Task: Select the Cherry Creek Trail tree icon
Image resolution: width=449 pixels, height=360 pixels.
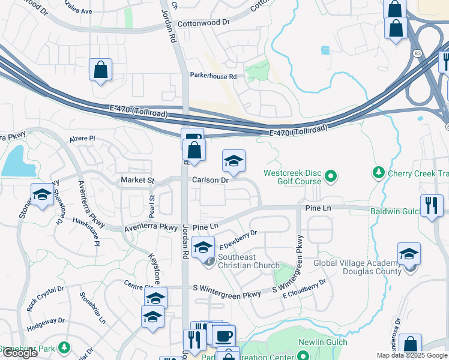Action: coord(379,173)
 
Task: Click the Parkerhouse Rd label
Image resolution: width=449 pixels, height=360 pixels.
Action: coord(213,77)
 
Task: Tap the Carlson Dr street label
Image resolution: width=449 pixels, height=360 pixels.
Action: coord(211,180)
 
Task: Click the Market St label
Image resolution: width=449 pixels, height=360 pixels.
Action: coord(137,180)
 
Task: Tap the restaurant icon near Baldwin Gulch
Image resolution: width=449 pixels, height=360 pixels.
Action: coord(431,205)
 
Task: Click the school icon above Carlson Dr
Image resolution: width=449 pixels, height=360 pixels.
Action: coord(234,161)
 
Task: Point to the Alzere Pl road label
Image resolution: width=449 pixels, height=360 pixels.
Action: coord(82,138)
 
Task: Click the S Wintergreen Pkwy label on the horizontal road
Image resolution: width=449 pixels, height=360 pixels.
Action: coord(228,295)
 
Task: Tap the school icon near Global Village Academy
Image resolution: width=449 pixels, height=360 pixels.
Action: coord(409,253)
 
